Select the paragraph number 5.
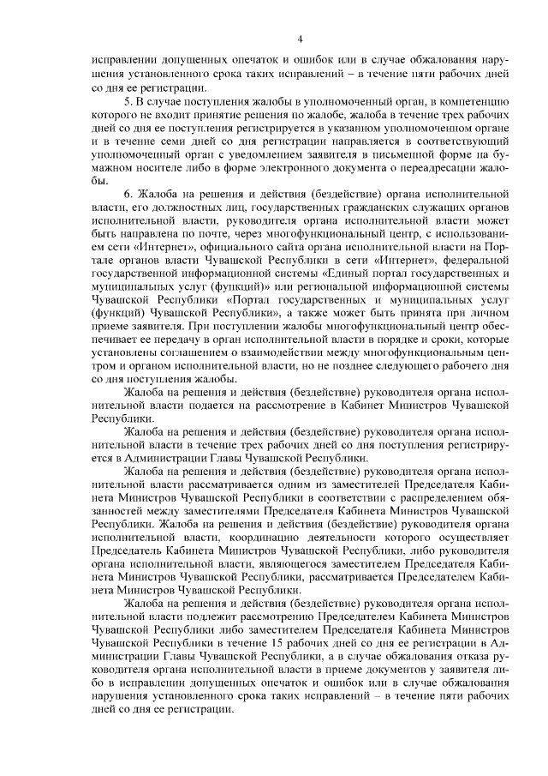127,100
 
